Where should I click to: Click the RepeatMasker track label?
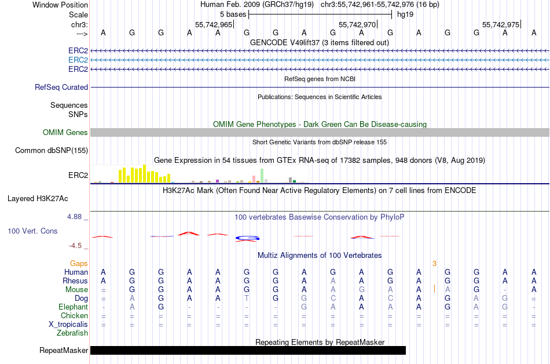click(64, 351)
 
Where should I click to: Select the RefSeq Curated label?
click(61, 88)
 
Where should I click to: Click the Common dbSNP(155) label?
click(52, 151)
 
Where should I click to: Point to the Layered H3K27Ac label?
click(38, 199)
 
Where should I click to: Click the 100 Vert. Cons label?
click(33, 231)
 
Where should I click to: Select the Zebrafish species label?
click(72, 333)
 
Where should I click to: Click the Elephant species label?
click(73, 307)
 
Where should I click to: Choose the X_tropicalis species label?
click(68, 325)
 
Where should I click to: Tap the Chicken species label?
click(75, 316)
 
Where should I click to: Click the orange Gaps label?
click(79, 264)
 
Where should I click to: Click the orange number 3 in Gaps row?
click(434, 264)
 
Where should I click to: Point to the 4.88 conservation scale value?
click(78, 217)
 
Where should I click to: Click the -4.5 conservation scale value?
click(78, 246)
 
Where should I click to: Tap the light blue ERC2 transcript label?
click(78, 60)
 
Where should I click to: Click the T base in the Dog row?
click(247, 299)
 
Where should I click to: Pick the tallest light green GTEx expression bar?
click(262, 176)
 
